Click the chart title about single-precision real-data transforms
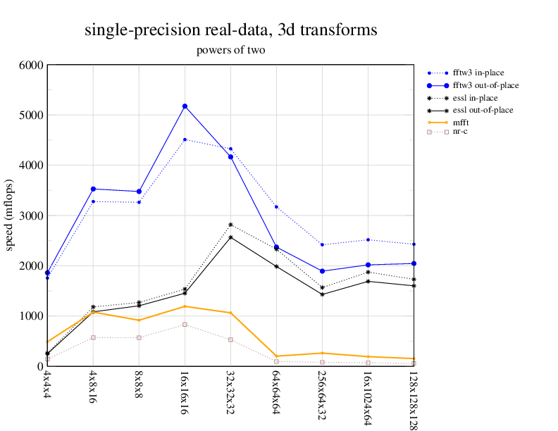coord(230,30)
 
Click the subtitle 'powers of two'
coord(230,51)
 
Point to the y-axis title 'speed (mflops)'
coord(10,215)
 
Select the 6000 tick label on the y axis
coord(30,65)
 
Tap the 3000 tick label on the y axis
coord(30,216)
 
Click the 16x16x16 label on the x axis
coord(185,389)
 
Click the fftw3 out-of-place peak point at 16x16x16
coord(185,106)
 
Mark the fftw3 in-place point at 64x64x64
coord(276,207)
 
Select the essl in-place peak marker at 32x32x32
coord(230,225)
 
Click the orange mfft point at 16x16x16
coord(185,306)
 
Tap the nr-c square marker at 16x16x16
coord(185,325)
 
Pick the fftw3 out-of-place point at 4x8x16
coord(93,189)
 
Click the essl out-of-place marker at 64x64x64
coord(276,266)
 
